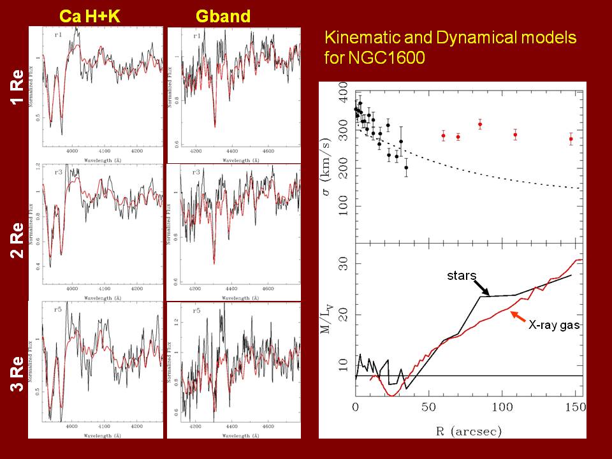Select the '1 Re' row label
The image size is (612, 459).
[x=18, y=89]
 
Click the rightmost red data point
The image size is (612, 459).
[x=571, y=138]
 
